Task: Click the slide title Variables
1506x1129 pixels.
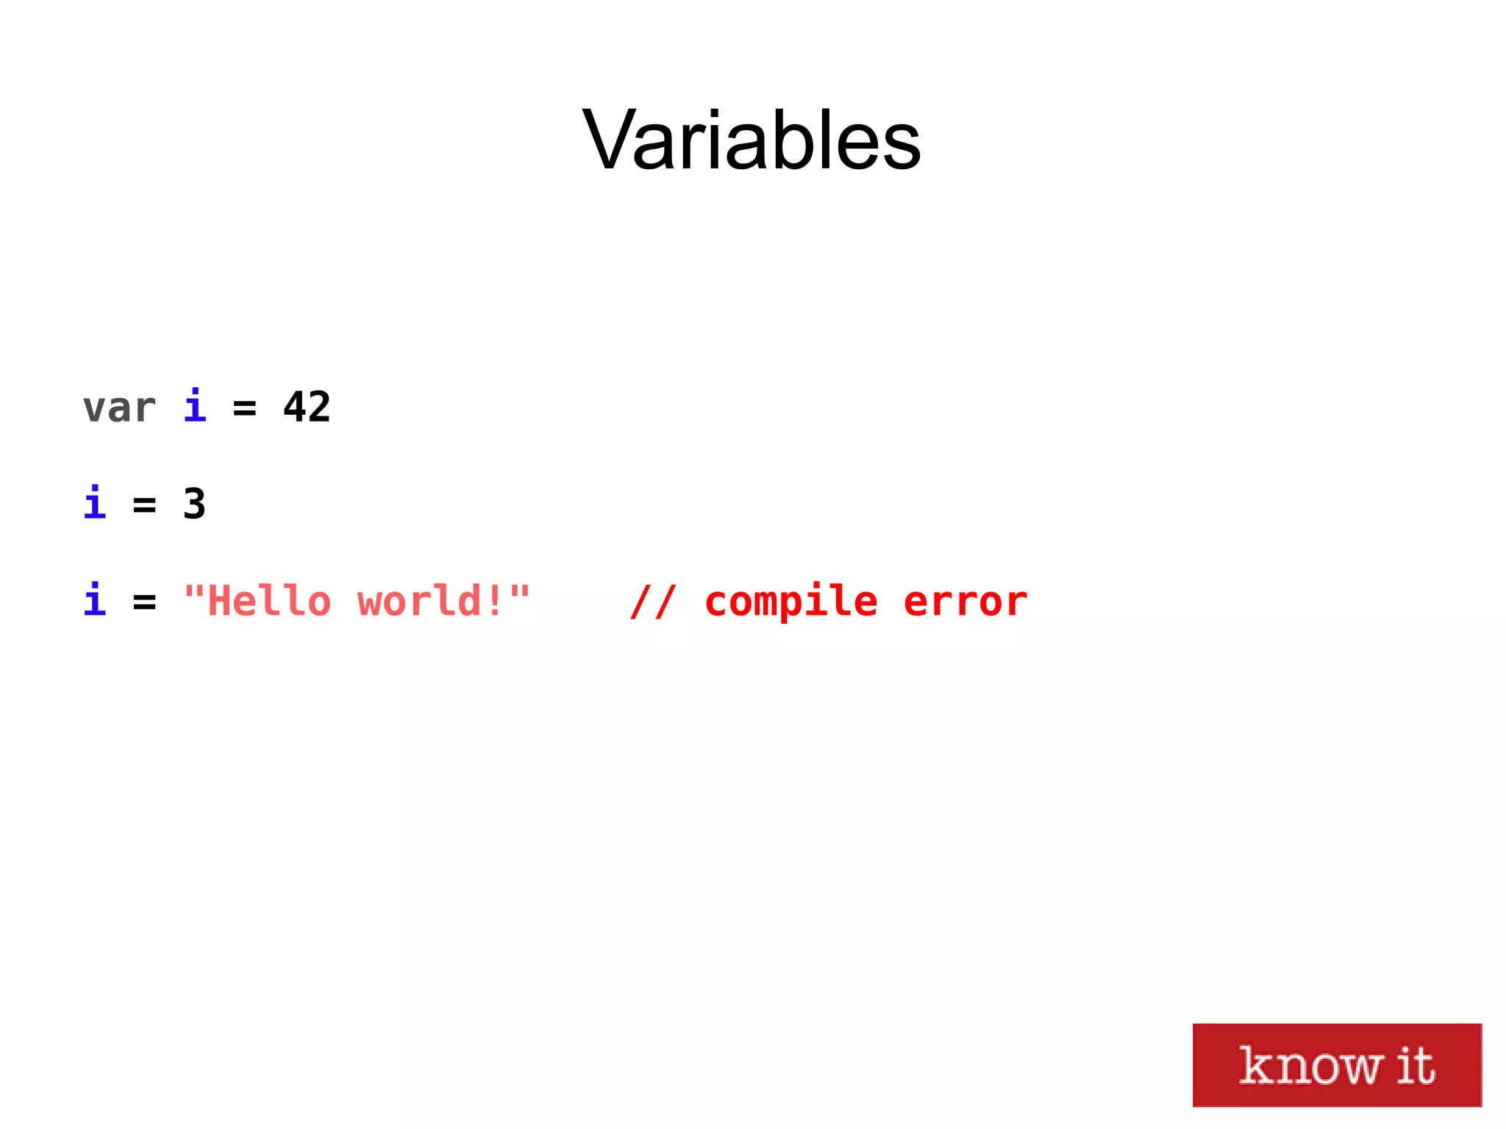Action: point(752,140)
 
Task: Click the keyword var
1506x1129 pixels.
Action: point(119,408)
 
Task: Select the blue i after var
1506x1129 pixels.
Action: point(195,407)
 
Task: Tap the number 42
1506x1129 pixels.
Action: point(307,407)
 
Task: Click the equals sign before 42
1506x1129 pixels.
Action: point(244,408)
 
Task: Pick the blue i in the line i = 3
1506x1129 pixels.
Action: point(95,503)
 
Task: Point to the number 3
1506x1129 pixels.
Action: point(194,505)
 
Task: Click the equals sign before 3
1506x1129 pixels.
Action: point(144,505)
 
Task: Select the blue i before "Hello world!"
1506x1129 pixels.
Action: point(95,600)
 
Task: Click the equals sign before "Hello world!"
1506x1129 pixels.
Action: point(144,602)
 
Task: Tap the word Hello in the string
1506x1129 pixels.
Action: point(269,601)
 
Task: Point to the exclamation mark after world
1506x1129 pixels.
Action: point(494,601)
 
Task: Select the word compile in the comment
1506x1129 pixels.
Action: point(791,602)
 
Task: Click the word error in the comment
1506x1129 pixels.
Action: point(965,602)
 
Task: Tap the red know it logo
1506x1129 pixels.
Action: point(1336,1064)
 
